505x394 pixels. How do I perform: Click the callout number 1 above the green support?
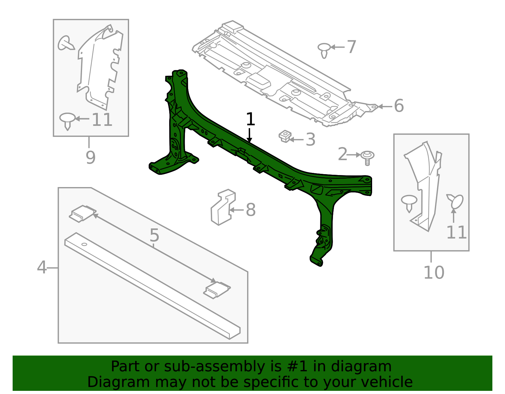250,120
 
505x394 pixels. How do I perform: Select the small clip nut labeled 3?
285,136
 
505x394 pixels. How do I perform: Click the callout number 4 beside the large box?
42,268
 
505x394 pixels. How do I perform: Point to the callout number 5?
154,235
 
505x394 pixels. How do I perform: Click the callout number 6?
399,106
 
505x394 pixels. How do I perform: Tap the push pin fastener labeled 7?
324,50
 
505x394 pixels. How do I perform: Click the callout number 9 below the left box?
91,157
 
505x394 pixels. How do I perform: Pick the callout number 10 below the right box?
434,273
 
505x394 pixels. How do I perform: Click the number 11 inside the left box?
102,120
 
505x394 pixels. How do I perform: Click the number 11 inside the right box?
456,232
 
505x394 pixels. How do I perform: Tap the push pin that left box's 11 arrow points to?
67,120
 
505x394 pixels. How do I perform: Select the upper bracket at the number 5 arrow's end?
83,213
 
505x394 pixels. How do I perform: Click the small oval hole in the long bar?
84,244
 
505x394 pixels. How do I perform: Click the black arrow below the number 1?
250,135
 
